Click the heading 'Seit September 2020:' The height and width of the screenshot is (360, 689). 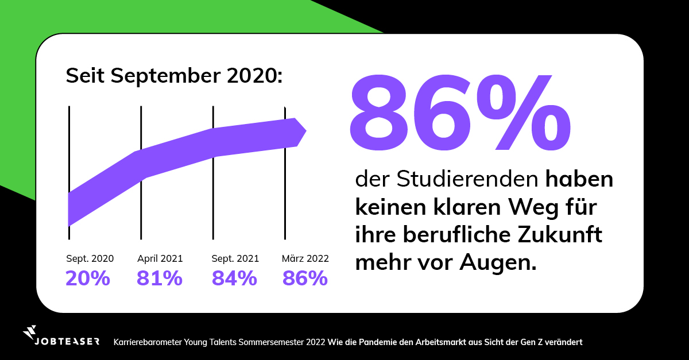click(175, 76)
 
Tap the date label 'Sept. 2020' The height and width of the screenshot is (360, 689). click(90, 258)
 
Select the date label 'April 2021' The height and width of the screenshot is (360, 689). click(160, 258)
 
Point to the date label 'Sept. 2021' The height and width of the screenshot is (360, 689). click(235, 258)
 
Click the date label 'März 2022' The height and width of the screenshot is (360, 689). click(305, 258)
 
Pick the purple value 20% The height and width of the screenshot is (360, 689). click(88, 278)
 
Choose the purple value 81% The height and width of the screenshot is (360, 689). click(160, 278)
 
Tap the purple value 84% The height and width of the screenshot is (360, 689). click(234, 278)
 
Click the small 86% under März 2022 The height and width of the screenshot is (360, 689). click(305, 278)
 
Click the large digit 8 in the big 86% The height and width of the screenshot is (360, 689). click(384, 112)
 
